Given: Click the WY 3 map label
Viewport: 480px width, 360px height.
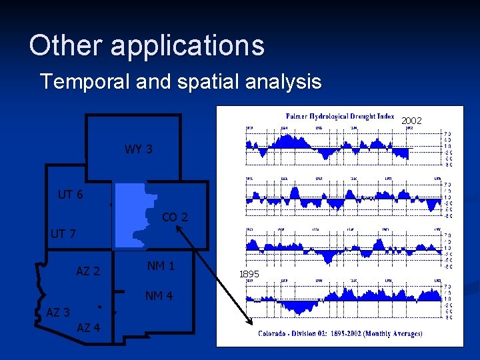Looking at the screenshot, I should click(x=138, y=149).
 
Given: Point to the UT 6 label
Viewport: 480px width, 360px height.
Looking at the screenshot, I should click(x=71, y=195).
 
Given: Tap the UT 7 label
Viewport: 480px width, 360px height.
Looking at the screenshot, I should click(x=63, y=234).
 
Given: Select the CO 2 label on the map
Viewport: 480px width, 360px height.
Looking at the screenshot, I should click(x=175, y=217).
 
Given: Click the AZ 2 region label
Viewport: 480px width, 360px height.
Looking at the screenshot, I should click(x=88, y=271).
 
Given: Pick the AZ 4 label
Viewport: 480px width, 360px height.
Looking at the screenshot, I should click(x=89, y=327).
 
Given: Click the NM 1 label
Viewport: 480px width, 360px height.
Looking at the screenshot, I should click(x=161, y=266).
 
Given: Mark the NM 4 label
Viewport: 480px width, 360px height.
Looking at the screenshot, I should click(x=159, y=296).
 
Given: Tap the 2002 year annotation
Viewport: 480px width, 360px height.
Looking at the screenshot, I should click(x=411, y=120).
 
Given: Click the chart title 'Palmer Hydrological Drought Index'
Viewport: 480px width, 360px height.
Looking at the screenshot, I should click(x=340, y=116).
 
